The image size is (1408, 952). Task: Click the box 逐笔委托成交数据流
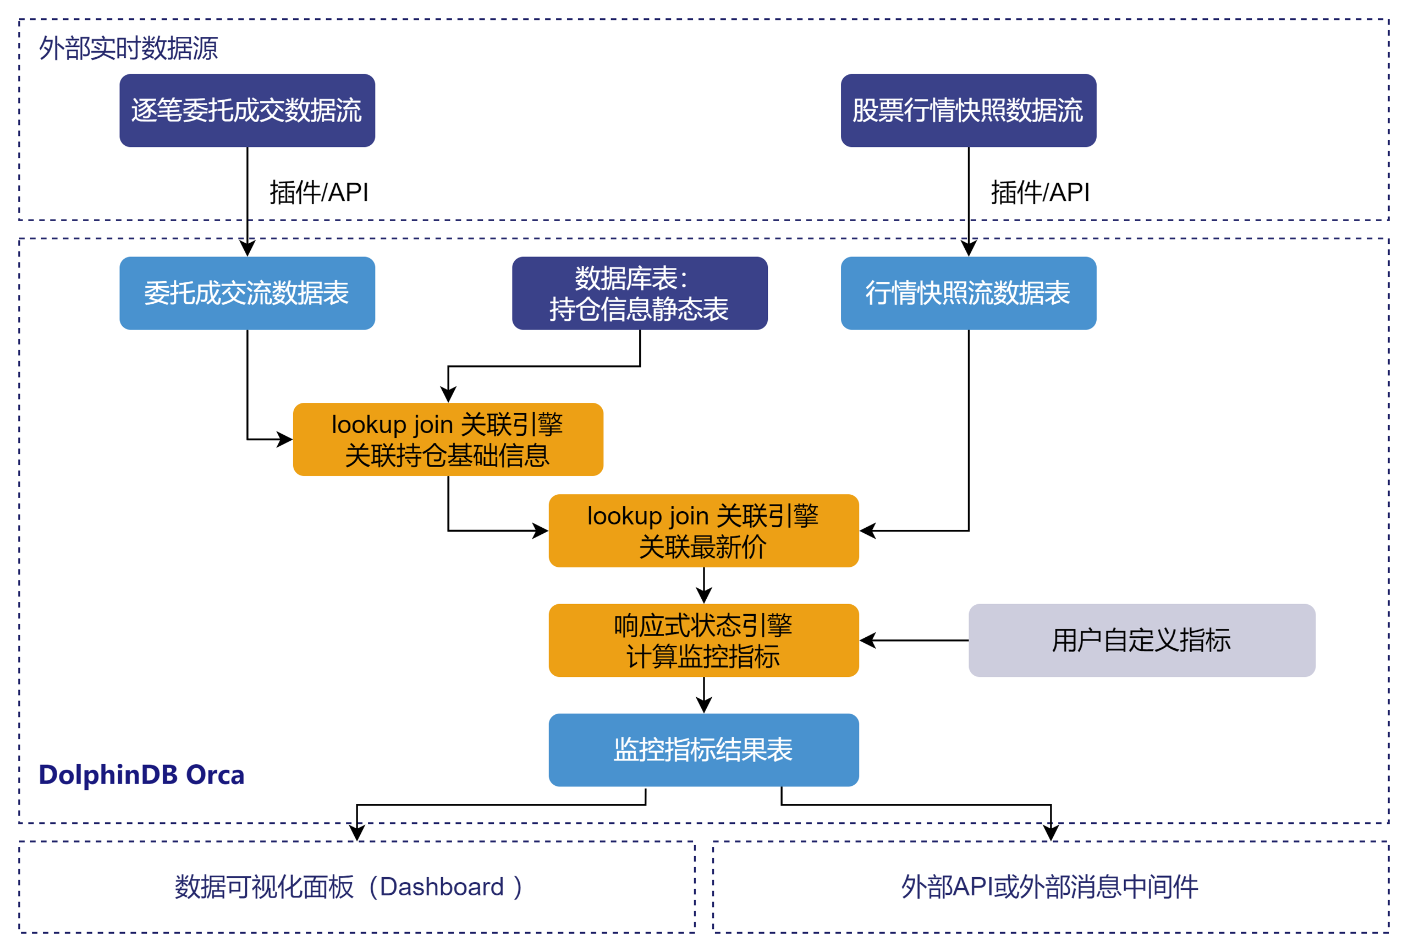point(247,110)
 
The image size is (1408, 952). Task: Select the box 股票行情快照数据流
point(968,110)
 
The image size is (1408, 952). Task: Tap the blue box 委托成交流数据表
point(247,293)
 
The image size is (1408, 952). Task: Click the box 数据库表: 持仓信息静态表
point(640,293)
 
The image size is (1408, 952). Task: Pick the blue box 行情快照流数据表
point(968,293)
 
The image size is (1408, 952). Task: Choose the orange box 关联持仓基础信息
point(448,439)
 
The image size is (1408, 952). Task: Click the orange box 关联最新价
point(703,531)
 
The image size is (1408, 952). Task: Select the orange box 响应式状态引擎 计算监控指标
point(703,641)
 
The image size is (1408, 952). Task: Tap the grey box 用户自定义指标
point(1141,641)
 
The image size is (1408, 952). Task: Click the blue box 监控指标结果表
point(703,750)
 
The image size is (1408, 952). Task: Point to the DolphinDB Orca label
point(141,775)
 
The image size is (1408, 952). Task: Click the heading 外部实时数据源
point(129,48)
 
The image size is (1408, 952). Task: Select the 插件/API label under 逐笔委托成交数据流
point(318,193)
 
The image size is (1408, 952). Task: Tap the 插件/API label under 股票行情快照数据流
point(1039,193)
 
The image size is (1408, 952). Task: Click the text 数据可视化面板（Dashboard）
point(349,887)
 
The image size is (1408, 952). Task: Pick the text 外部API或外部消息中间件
point(1049,887)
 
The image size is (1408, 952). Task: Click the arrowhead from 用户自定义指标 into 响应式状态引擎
point(867,641)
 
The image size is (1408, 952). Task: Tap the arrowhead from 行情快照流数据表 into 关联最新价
point(867,531)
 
